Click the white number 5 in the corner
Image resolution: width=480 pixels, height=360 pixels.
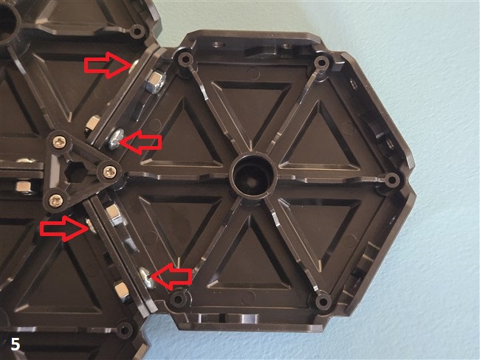coord(16,344)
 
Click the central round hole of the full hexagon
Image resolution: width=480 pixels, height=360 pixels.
coord(253,176)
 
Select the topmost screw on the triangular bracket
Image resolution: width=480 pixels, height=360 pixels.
coord(58,142)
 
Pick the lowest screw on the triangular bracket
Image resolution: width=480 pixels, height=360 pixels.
coord(57,201)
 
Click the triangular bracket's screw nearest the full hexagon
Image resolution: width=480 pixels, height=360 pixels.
coord(109,171)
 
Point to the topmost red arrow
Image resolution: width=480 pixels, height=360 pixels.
coord(108,65)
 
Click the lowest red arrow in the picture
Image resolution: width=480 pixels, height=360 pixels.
coord(171,277)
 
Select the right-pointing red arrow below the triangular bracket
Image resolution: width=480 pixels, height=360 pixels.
coord(64,228)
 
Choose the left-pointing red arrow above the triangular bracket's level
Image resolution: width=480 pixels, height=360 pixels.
coord(141,142)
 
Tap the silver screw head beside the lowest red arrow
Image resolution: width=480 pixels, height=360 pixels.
coord(146,277)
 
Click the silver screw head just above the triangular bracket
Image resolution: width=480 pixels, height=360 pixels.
coord(115,139)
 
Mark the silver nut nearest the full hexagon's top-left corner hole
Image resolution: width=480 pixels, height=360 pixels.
coord(155,82)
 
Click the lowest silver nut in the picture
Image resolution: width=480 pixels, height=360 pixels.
coord(121,291)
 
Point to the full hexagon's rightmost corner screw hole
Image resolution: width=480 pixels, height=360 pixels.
coord(392,179)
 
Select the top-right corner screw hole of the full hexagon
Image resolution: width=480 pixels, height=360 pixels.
coord(322,63)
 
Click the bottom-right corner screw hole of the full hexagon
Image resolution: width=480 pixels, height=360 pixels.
coord(323,302)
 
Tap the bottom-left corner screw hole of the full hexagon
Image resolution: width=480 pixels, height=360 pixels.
coord(177,299)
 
